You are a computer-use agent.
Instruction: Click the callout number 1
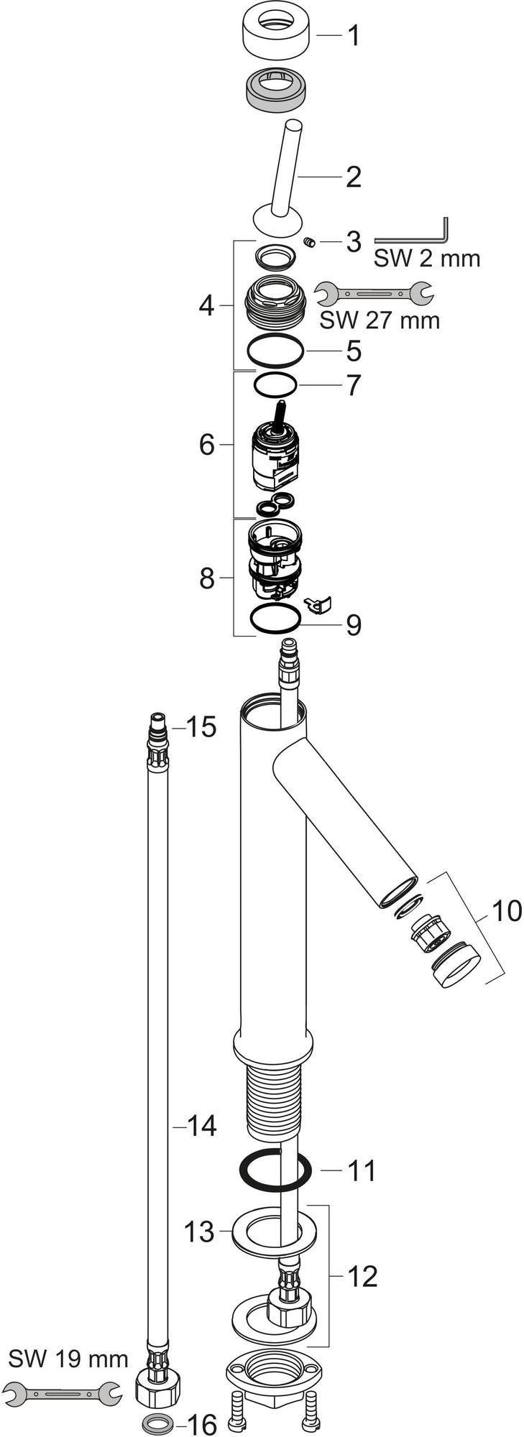point(352,34)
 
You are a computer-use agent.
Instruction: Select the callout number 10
point(507,911)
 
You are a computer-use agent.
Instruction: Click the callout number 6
point(207,445)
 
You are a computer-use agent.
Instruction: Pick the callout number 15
point(201,727)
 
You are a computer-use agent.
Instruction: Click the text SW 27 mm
point(380,319)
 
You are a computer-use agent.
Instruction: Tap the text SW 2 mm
point(427,258)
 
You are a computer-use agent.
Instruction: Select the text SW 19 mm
point(69,1339)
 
